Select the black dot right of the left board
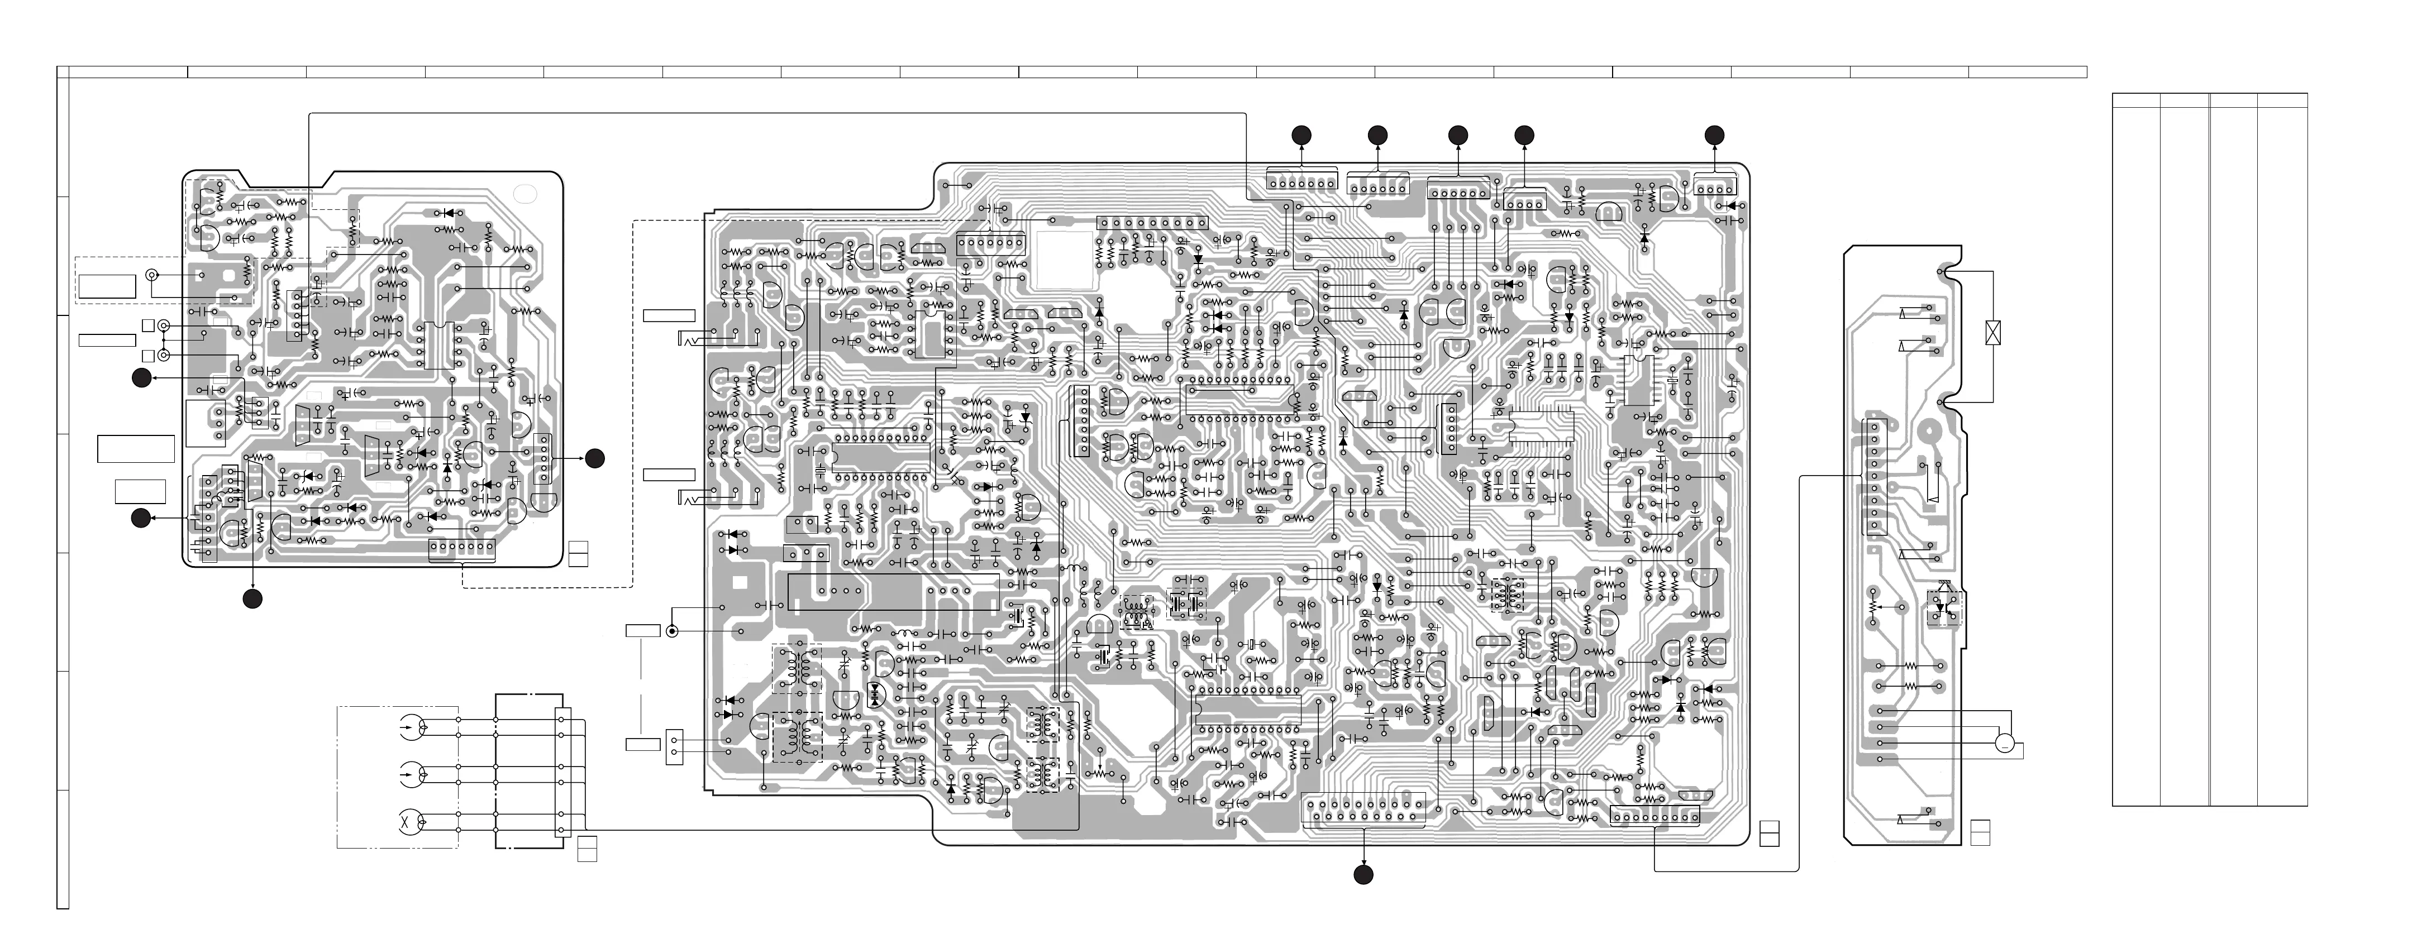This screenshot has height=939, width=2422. tap(594, 458)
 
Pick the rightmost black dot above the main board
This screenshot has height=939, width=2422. tap(1715, 135)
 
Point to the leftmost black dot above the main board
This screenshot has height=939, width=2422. tap(1301, 135)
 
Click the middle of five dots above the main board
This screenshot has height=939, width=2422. tap(1458, 135)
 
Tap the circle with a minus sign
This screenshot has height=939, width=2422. tap(2005, 744)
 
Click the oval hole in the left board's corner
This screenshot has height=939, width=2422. tap(525, 195)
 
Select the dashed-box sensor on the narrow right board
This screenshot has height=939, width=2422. tap(1943, 607)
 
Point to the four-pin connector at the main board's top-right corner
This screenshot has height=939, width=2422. tap(1717, 187)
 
